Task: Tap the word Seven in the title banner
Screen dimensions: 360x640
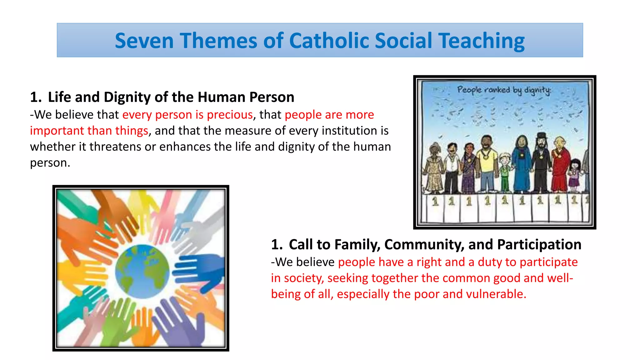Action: tap(144, 41)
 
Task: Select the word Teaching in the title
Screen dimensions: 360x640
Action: tap(481, 41)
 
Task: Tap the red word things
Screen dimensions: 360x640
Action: tap(132, 131)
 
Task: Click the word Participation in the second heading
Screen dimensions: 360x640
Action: tap(539, 244)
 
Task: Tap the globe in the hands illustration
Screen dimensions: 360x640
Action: tap(142, 271)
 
